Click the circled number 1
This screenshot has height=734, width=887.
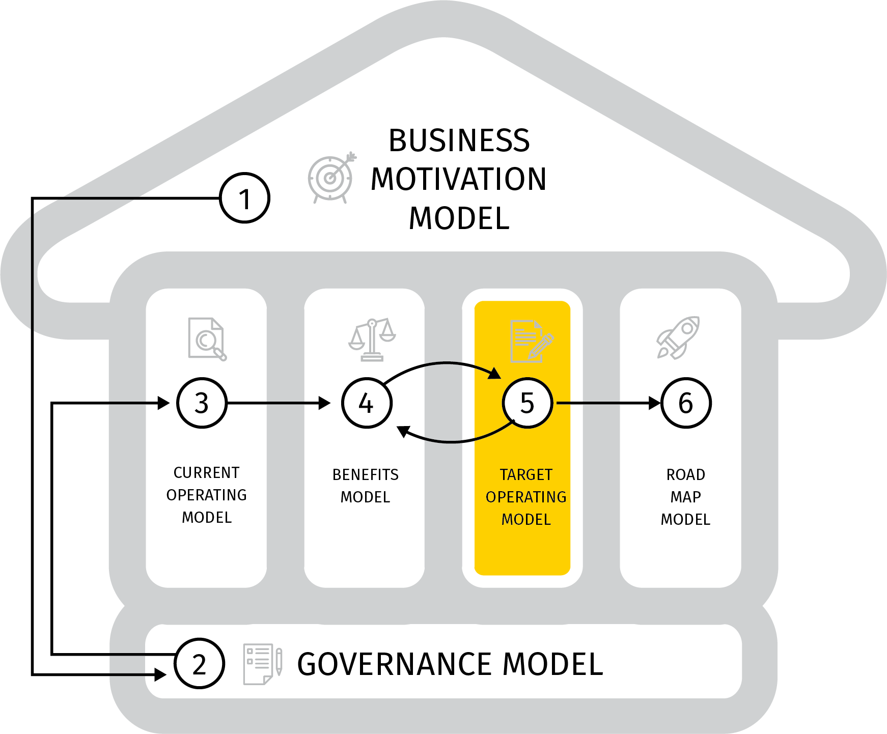pos(244,198)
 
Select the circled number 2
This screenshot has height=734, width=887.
pos(199,664)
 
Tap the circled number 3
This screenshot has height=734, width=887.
pos(202,403)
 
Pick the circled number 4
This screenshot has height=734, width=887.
pos(367,403)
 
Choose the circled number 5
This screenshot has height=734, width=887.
pos(527,403)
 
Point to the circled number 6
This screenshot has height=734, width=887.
pos(685,403)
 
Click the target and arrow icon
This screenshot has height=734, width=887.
pos(331,178)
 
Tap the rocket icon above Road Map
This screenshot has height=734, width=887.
pos(679,337)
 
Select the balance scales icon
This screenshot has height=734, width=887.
pos(372,340)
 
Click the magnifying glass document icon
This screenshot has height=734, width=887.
pos(207,339)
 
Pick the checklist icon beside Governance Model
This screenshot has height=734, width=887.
pos(262,664)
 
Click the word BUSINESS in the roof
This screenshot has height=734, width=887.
pos(459,140)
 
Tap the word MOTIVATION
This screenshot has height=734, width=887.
pos(458,179)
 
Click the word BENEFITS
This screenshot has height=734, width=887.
pos(365,475)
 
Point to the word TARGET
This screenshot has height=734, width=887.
pos(526,475)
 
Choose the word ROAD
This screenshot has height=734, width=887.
pos(685,475)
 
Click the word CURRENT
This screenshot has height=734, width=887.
pos(206,473)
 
